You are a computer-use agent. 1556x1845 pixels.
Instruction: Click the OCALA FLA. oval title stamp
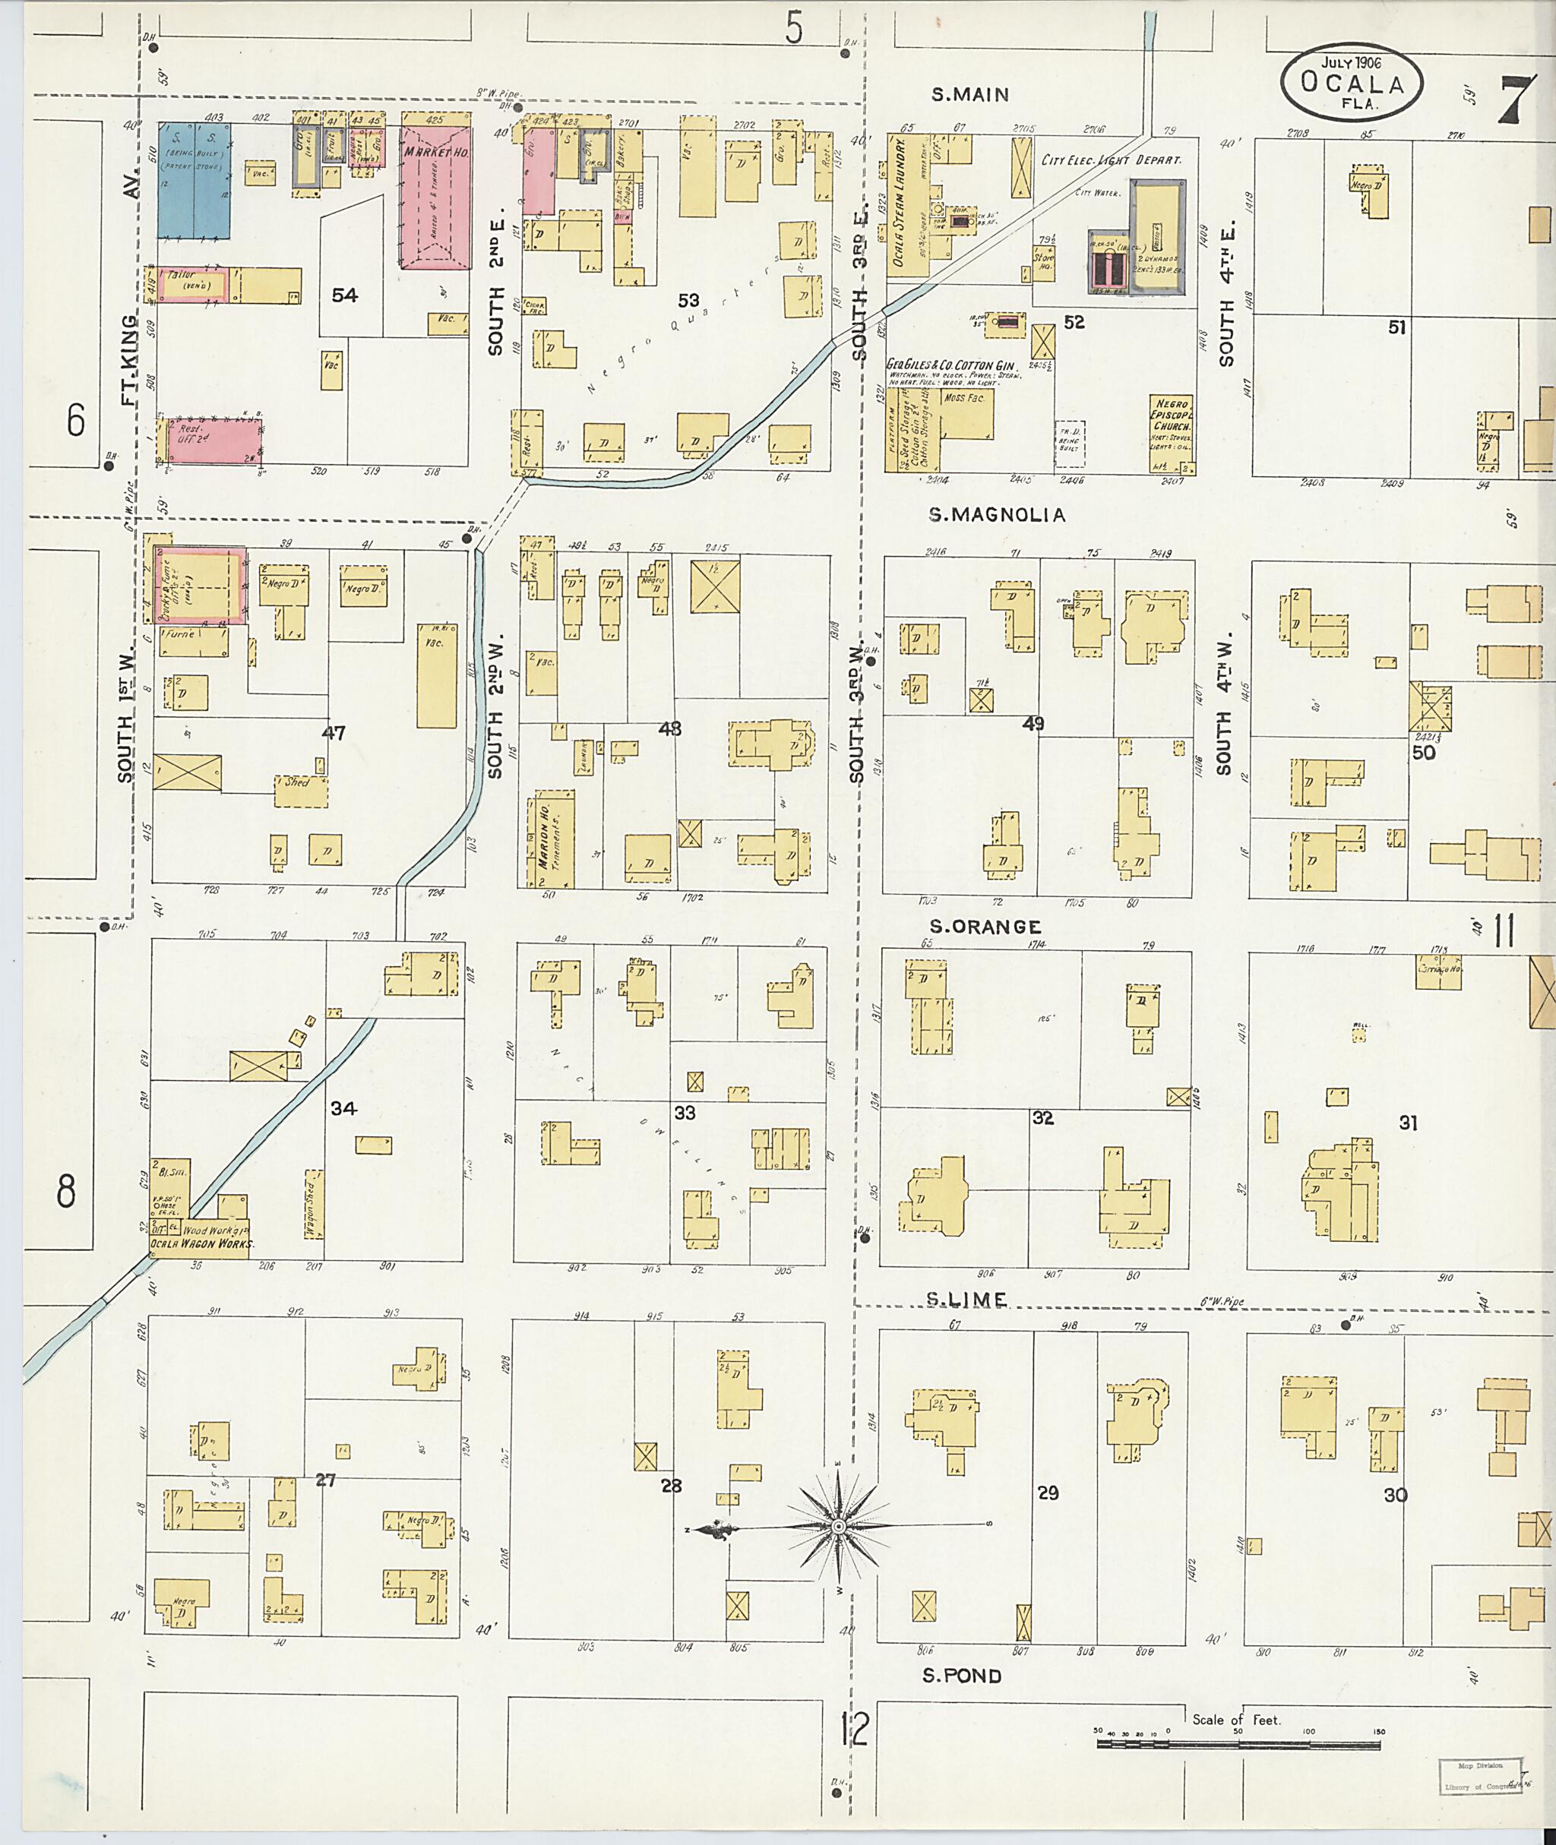point(1352,82)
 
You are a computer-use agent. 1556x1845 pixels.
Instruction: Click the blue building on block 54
point(194,180)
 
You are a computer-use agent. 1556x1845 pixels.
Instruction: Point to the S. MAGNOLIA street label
point(997,514)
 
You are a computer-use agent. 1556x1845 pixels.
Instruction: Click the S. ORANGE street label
point(985,926)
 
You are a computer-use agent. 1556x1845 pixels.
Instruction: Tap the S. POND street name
point(963,1675)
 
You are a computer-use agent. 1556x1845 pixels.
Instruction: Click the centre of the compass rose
point(839,1527)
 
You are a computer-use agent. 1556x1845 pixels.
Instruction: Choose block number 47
point(334,733)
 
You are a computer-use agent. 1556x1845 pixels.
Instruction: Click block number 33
point(685,1113)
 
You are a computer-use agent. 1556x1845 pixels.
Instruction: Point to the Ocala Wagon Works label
point(202,1244)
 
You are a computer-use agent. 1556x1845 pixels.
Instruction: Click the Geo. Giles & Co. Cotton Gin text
point(952,365)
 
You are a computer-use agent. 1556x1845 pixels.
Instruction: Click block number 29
point(1047,1493)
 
